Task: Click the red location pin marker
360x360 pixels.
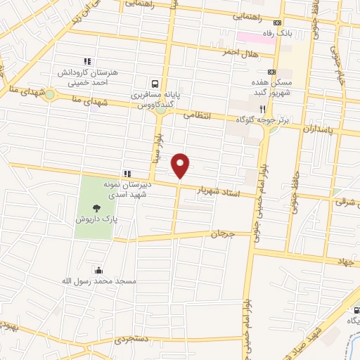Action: [x=181, y=166]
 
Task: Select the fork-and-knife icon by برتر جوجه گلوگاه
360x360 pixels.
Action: [x=262, y=109]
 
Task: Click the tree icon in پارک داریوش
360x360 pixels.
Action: [x=96, y=207]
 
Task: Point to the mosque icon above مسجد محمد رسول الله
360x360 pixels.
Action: [x=97, y=270]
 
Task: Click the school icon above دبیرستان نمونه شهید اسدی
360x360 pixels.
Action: [x=127, y=174]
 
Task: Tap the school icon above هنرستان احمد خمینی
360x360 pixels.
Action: [x=88, y=61]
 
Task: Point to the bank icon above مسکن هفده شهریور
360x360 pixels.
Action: [x=272, y=72]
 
